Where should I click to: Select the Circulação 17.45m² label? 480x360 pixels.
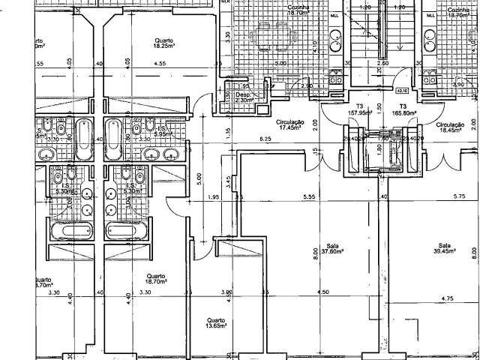pyautogui.click(x=289, y=124)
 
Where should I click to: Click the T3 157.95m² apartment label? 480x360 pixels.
pyautogui.click(x=361, y=109)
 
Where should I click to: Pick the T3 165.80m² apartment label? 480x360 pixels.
pyautogui.click(x=403, y=109)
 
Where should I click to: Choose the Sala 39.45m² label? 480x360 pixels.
pyautogui.click(x=445, y=249)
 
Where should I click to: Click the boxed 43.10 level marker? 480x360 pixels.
pyautogui.click(x=400, y=90)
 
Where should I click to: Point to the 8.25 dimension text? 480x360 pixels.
pyautogui.click(x=265, y=140)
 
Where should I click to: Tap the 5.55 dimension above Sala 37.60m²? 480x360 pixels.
pyautogui.click(x=308, y=197)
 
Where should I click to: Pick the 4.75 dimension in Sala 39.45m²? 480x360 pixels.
pyautogui.click(x=447, y=299)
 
